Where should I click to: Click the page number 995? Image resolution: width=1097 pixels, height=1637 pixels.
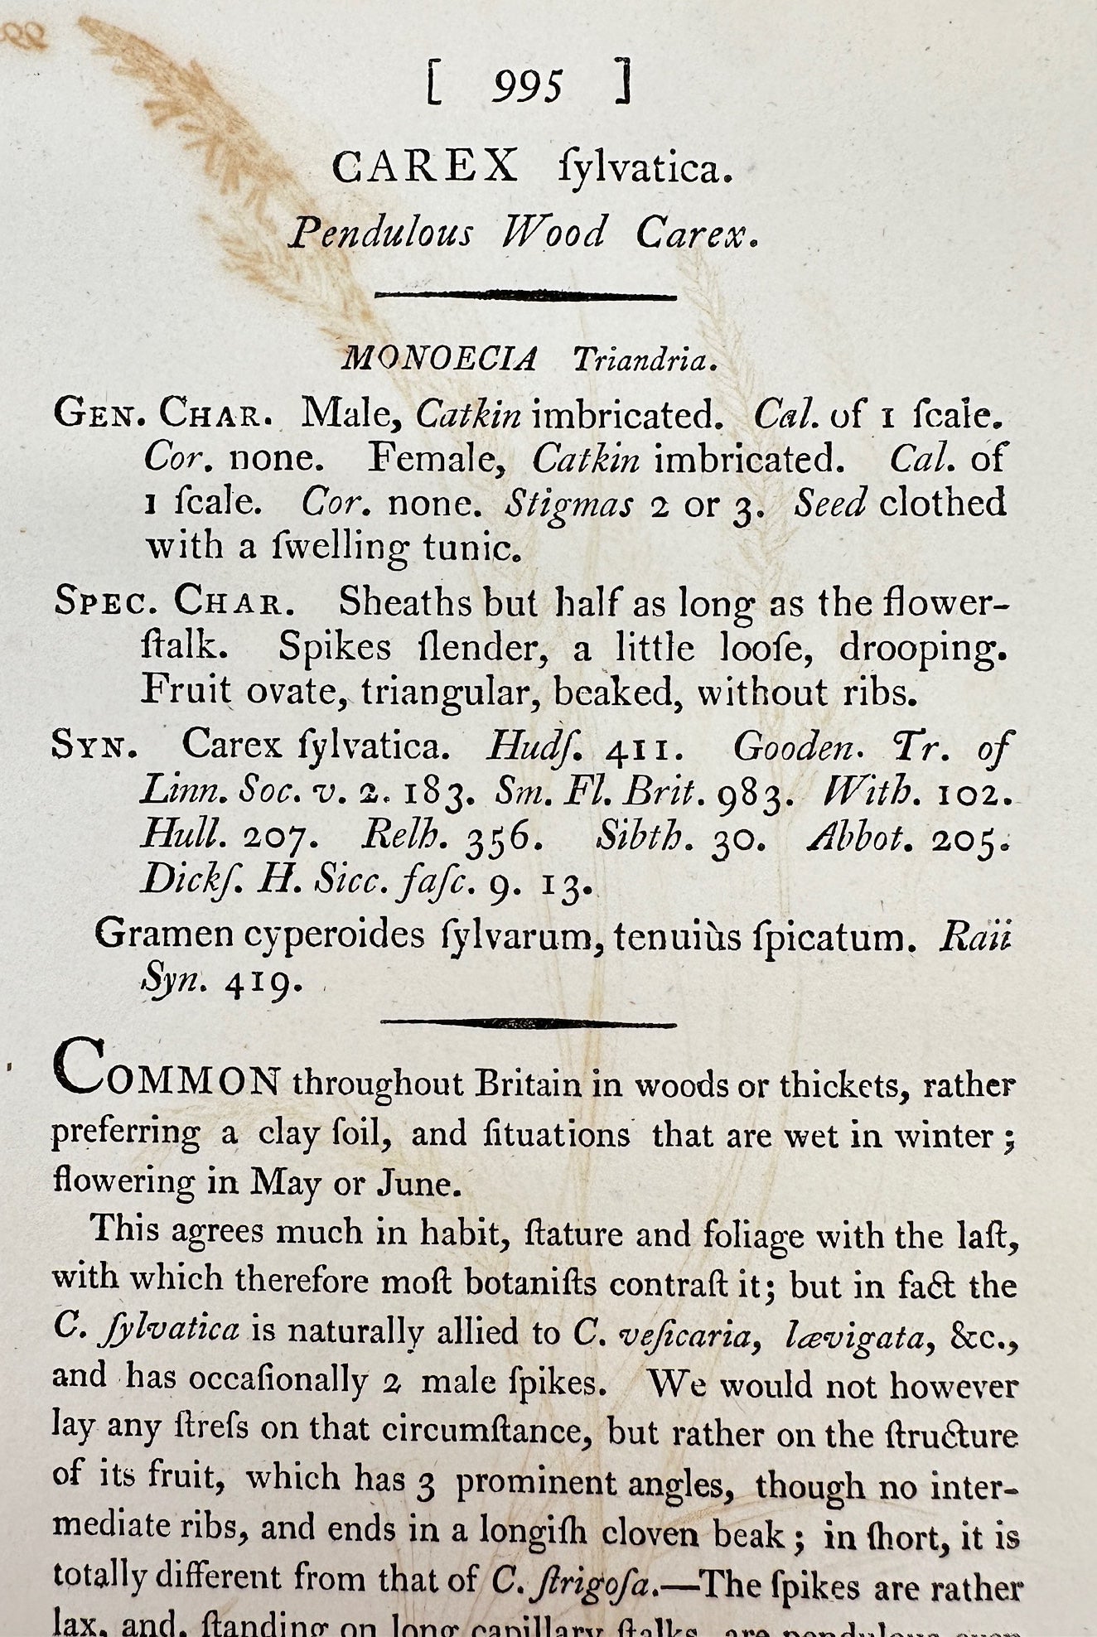[527, 87]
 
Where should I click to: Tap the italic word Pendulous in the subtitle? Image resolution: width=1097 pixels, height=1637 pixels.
[381, 234]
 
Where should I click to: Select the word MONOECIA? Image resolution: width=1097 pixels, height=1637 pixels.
[440, 360]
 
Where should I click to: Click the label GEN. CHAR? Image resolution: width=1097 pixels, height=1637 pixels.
[163, 413]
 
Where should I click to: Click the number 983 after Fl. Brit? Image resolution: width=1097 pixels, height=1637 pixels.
[755, 794]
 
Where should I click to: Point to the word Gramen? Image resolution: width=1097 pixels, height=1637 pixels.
[163, 934]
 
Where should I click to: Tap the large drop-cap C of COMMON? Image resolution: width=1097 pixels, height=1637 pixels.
[80, 1069]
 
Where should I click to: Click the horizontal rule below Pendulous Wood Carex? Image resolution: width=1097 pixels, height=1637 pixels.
[525, 295]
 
